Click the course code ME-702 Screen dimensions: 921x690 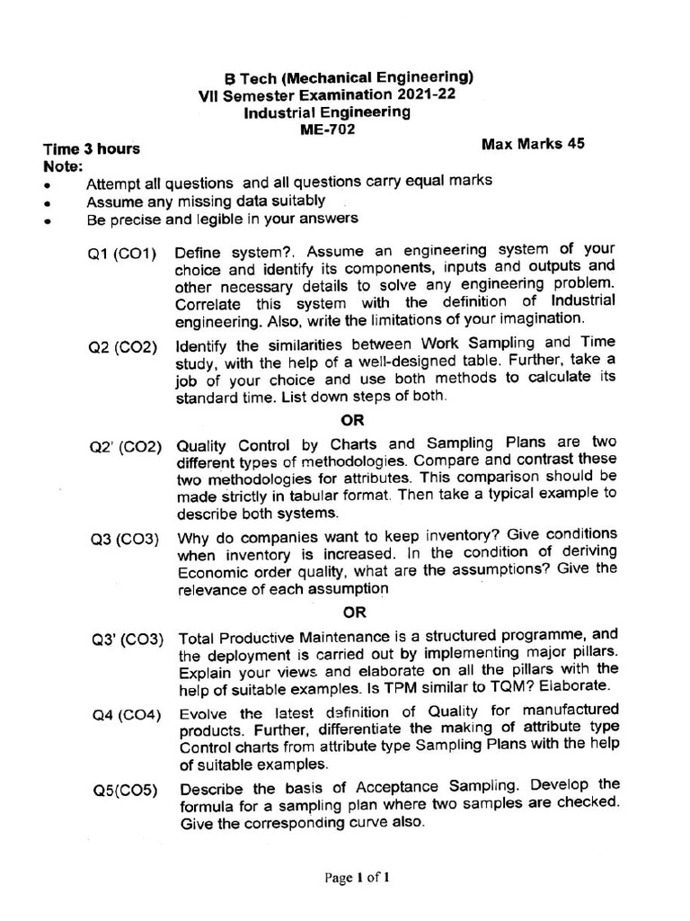point(328,130)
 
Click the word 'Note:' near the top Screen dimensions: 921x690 point(63,166)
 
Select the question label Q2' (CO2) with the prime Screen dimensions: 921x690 point(124,447)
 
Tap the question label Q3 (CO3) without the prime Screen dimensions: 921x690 point(124,540)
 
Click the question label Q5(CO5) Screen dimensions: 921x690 point(124,791)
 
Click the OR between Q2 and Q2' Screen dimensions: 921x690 point(353,419)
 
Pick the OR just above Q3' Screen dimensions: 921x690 point(355,613)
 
